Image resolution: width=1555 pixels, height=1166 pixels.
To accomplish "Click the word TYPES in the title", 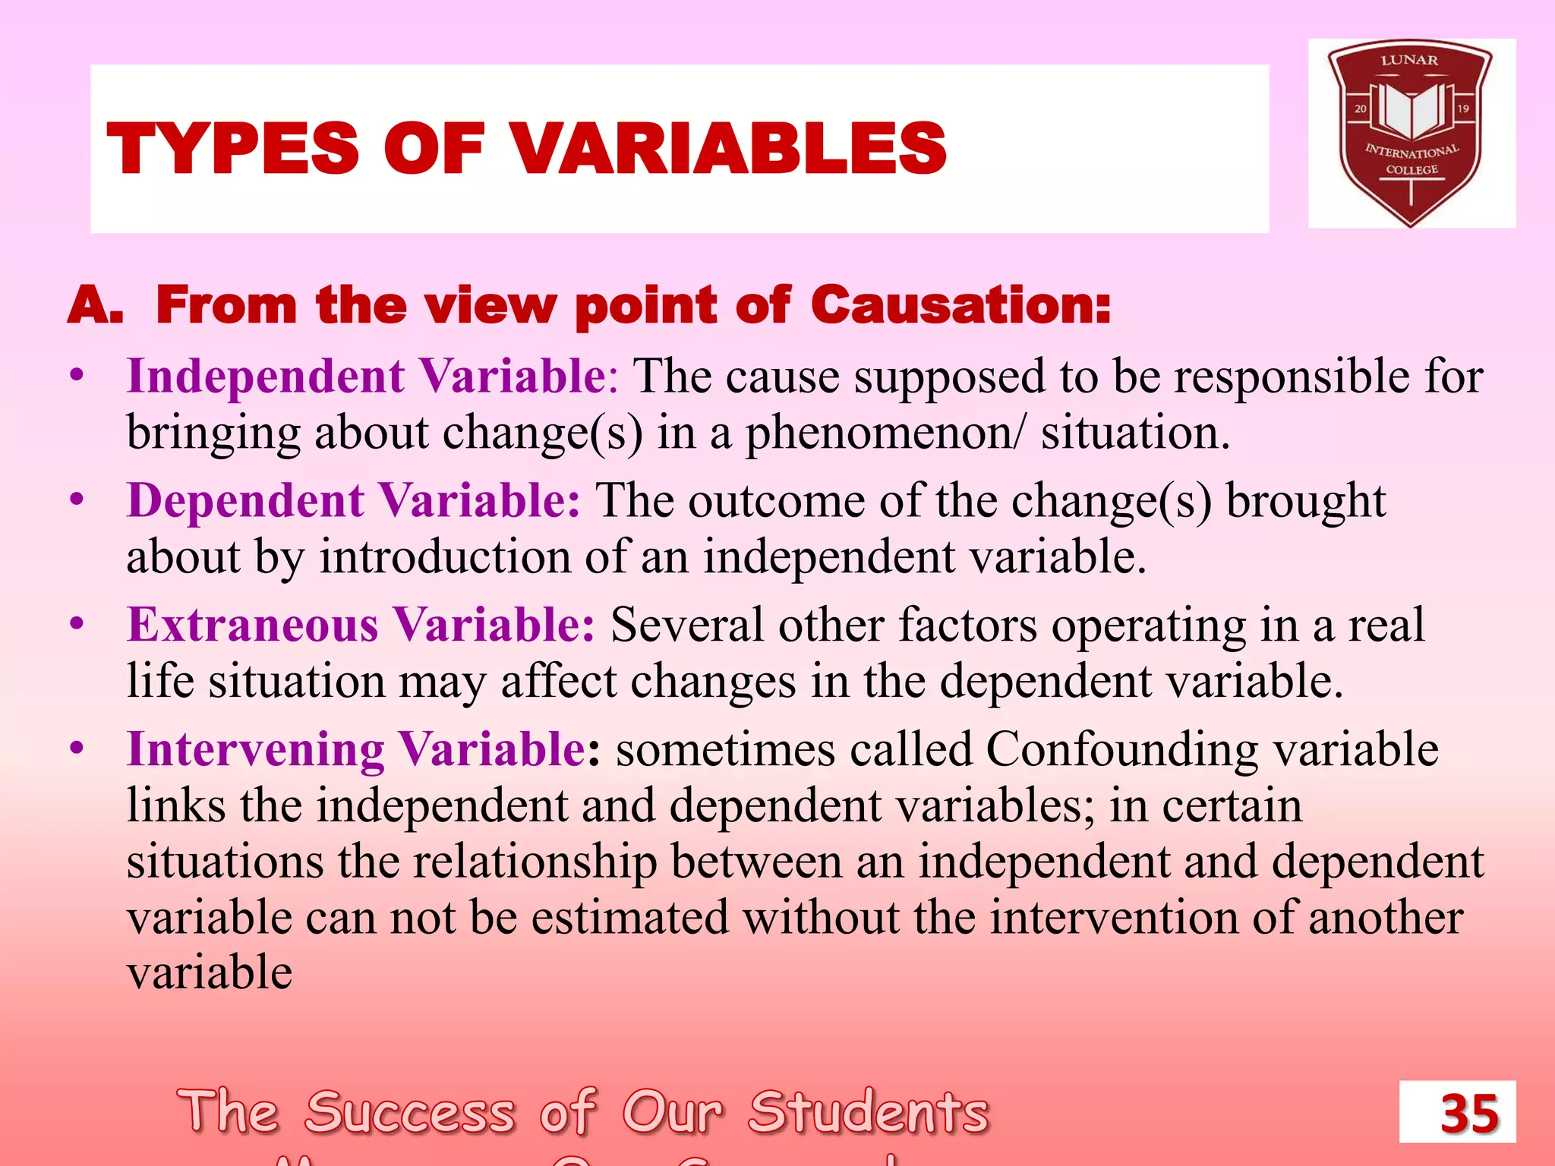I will tap(232, 148).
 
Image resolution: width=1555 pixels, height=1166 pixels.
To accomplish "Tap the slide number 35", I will tap(1469, 1114).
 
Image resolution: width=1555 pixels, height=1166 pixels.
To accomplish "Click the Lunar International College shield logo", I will tap(1411, 133).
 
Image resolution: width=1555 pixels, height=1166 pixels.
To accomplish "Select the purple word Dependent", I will tap(245, 501).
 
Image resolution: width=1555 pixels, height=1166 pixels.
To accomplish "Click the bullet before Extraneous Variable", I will tap(76, 624).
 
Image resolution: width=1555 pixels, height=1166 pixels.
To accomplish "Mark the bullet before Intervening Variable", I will tap(76, 748).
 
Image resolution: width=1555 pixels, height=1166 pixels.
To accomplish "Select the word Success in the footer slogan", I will tap(410, 1112).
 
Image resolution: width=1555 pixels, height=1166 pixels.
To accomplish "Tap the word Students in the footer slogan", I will tap(869, 1112).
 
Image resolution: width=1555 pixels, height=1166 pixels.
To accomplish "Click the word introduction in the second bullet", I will tap(445, 556).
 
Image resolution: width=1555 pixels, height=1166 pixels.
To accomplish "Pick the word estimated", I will tap(630, 917).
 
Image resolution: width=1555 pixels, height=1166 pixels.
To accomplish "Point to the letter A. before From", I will tap(95, 306).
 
